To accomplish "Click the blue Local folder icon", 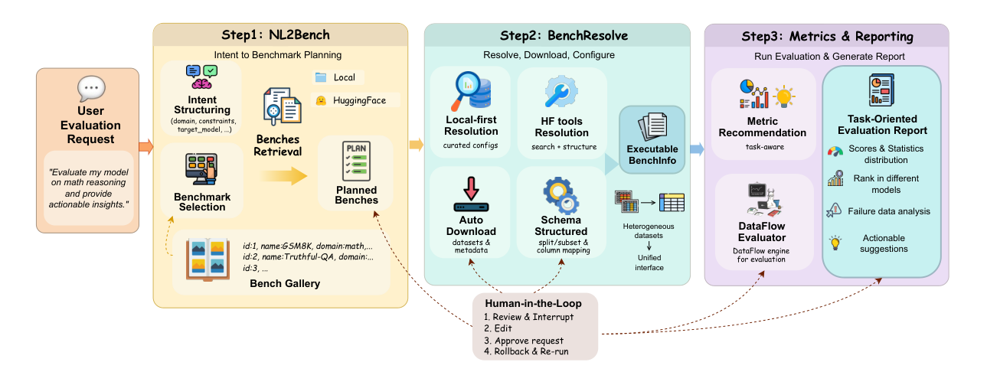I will coord(321,77).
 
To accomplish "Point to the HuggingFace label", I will coord(355,100).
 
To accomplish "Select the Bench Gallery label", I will coord(285,284).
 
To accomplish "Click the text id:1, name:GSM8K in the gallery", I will coord(276,245).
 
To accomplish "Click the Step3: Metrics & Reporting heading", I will coord(827,36).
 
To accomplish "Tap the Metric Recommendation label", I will coord(761,126).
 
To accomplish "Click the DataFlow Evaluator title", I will coord(760,232).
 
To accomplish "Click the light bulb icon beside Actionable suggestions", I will coord(835,243).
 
